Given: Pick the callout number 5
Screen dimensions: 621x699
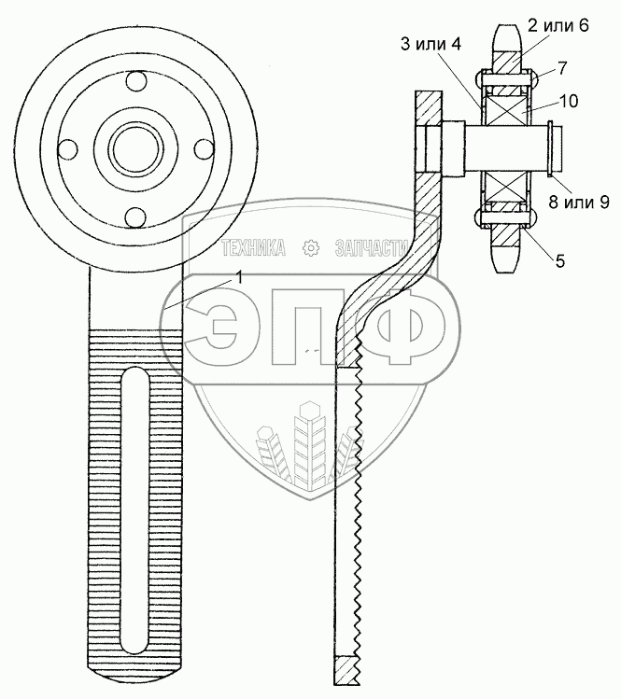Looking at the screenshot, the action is pos(559,262).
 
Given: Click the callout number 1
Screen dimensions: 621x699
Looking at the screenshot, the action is pos(240,277).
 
